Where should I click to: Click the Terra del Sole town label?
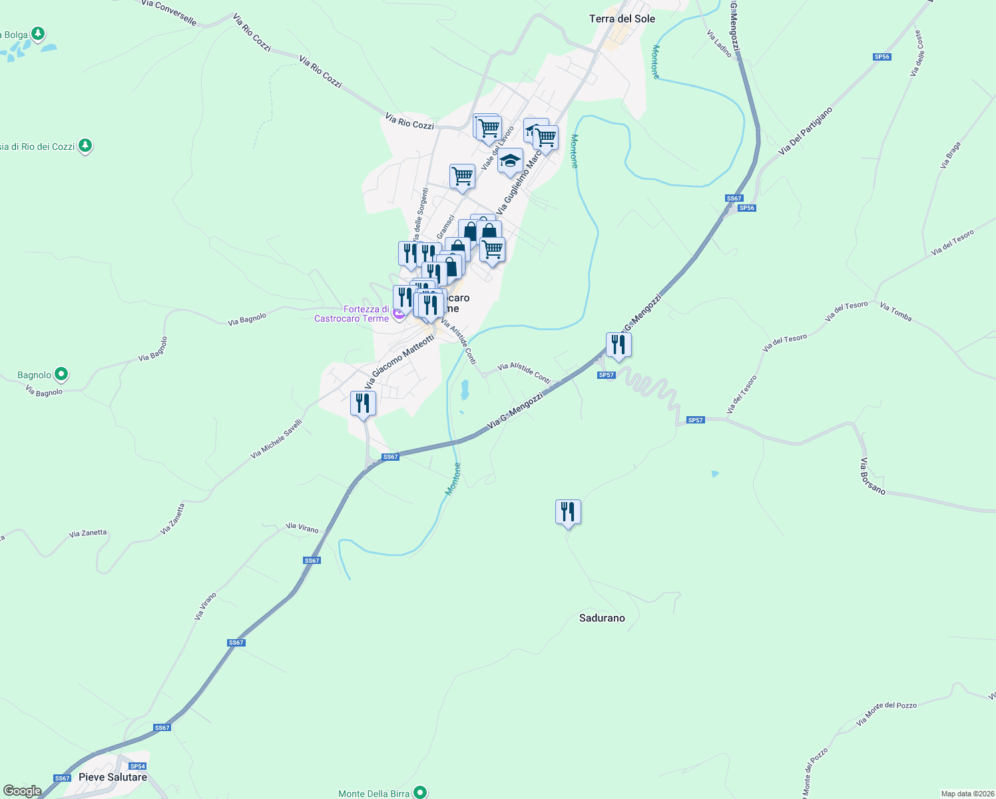coord(622,19)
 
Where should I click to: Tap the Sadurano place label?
coord(602,618)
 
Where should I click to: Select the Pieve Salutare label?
coord(113,777)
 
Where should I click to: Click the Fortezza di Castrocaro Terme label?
coord(352,314)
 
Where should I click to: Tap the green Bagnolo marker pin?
coord(61,374)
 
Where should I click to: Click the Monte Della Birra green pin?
coord(420,792)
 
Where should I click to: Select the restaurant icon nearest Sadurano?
coord(568,512)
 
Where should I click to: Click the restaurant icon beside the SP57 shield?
coord(619,345)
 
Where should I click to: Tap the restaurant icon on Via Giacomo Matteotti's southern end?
coord(363,403)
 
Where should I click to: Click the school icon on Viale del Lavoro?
coord(510,160)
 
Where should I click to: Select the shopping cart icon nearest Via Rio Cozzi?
coord(488,127)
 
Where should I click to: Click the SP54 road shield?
coord(137,766)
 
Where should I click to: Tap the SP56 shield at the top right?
coord(881,57)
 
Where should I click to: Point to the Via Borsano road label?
coord(872,476)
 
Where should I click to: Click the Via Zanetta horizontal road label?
coord(87,533)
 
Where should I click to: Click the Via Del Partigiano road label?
coord(806,131)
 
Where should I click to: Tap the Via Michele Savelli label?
coord(276,439)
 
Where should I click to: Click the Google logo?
coord(22,790)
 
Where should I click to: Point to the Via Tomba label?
coord(895,311)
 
